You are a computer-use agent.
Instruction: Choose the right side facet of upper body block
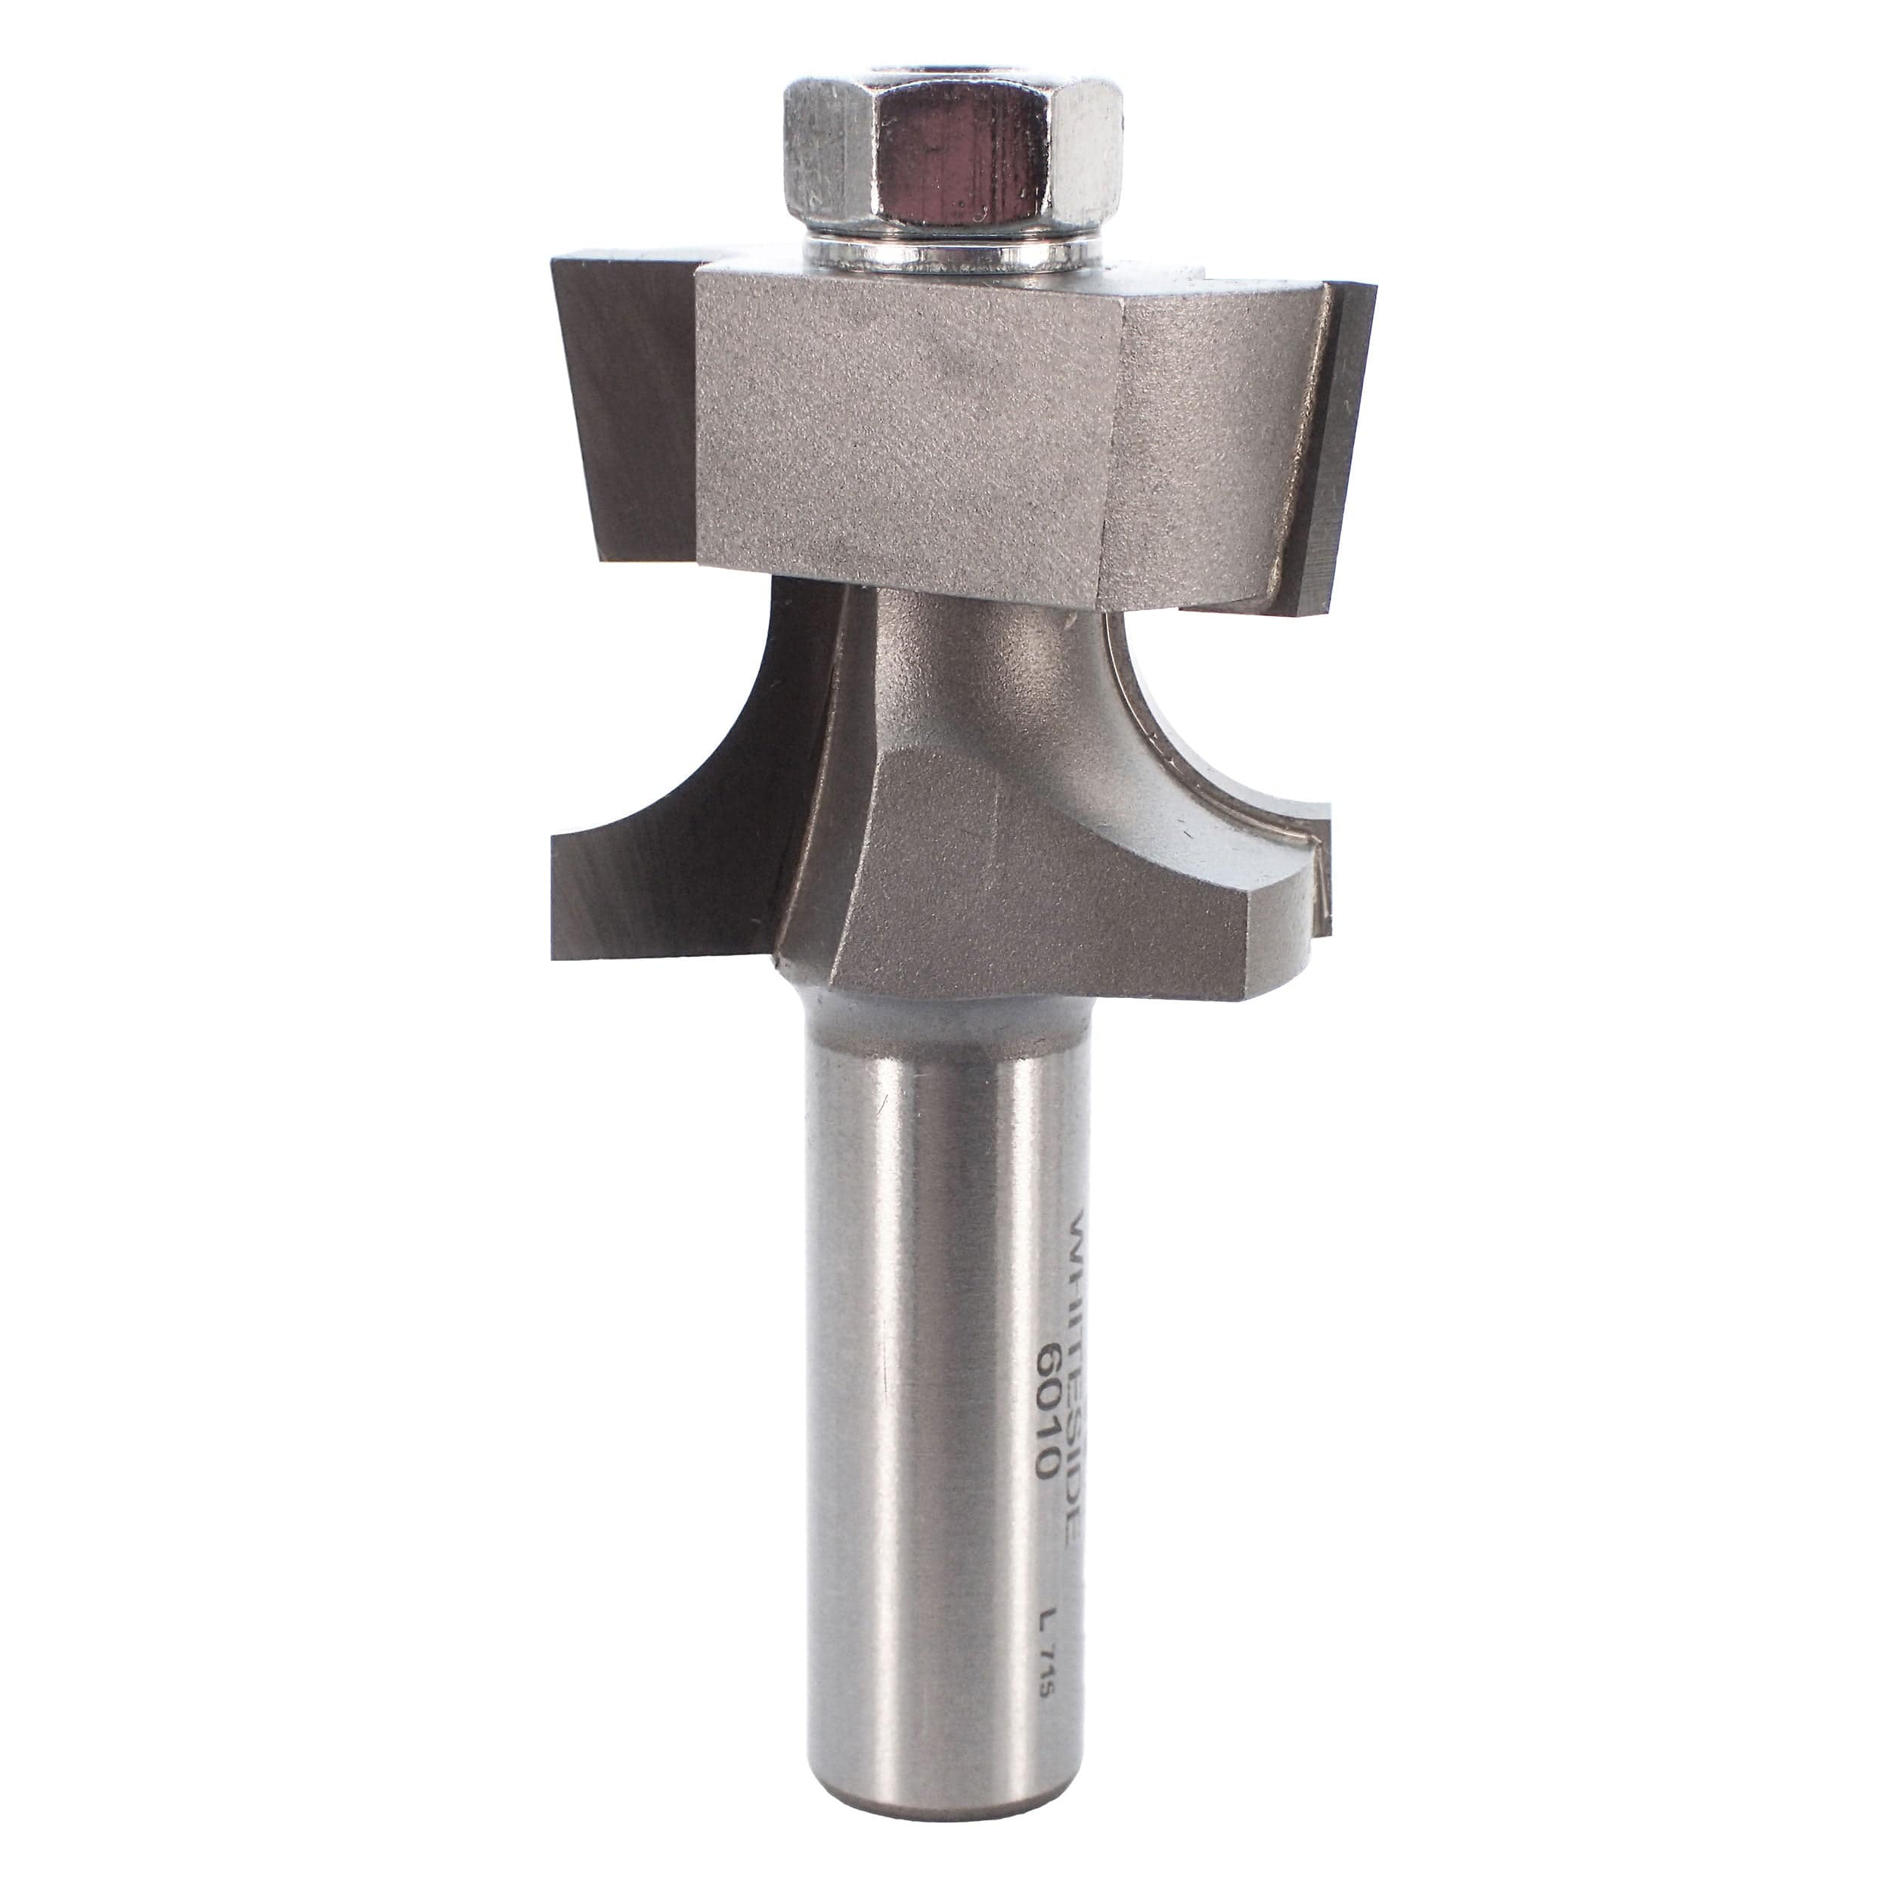[1213, 440]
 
